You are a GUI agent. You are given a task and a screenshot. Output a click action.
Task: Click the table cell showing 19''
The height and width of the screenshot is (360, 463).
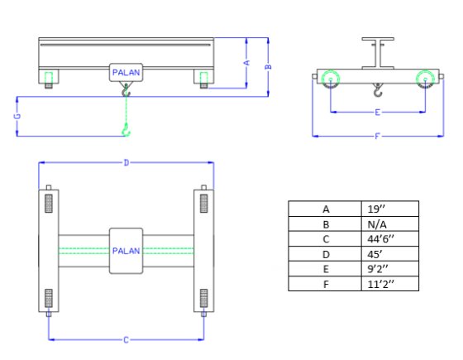tap(389, 209)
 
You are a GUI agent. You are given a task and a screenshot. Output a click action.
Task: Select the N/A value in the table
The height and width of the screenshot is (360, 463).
tap(389, 224)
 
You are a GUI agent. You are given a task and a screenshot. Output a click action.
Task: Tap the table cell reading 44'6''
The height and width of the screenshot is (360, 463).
tap(389, 239)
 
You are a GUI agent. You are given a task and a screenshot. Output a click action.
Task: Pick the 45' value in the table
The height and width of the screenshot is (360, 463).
tap(389, 254)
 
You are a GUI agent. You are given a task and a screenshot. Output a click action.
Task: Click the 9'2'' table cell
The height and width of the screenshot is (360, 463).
tap(389, 269)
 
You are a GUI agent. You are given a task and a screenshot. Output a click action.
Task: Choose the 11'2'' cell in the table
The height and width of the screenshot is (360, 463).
tap(389, 284)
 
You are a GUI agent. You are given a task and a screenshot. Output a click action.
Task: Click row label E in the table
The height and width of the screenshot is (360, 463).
tap(326, 269)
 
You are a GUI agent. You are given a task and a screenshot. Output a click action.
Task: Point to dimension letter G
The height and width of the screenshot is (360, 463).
tap(17, 116)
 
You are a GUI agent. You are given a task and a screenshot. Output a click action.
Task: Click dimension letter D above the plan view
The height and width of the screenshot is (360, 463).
tap(126, 162)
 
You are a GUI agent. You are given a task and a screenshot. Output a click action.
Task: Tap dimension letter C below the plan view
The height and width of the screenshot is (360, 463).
tap(126, 340)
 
